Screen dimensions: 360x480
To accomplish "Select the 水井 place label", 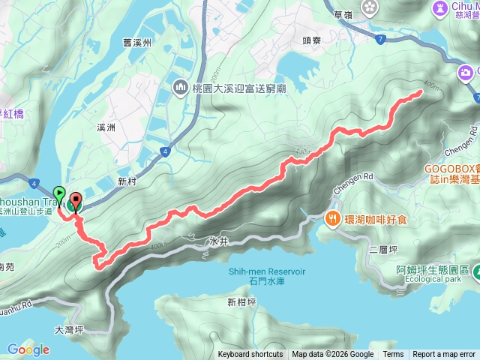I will (218, 242).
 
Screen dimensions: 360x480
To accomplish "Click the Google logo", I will (28, 349).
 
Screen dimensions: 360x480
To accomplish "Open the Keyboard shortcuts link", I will (250, 355).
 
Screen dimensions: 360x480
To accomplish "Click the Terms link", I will (393, 355).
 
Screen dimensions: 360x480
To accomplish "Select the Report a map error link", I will (445, 355).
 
